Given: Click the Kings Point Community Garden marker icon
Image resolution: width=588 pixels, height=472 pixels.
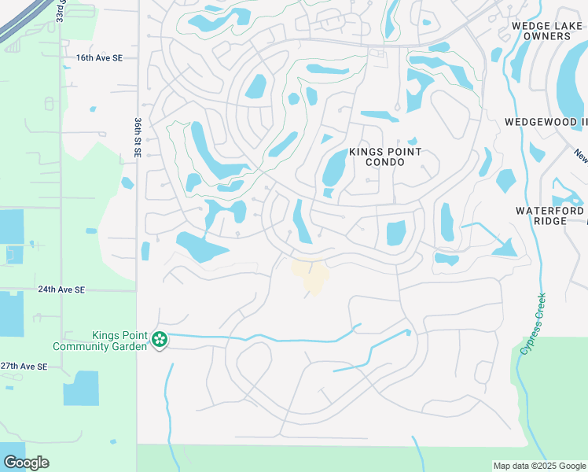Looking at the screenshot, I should (x=160, y=340).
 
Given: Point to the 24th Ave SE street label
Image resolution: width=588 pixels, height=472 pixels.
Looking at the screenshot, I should (x=61, y=289).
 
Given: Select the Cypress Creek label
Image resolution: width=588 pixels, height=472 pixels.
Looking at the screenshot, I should (x=532, y=323).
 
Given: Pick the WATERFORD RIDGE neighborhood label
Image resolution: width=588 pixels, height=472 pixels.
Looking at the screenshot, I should (x=550, y=216).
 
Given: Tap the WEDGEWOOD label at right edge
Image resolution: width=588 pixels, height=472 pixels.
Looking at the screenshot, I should (x=546, y=122).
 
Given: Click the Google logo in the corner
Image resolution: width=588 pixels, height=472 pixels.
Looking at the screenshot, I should (x=26, y=463).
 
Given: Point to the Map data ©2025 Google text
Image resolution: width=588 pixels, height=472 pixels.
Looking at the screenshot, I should (x=539, y=466).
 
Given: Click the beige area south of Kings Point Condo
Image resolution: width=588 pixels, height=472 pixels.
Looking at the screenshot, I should (x=312, y=275).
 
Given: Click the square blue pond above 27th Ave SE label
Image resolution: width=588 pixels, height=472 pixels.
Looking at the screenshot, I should (x=80, y=389).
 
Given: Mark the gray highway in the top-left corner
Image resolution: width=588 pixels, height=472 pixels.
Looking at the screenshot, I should (x=20, y=20).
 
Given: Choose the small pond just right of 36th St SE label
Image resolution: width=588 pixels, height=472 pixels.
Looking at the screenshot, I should (x=127, y=183).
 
